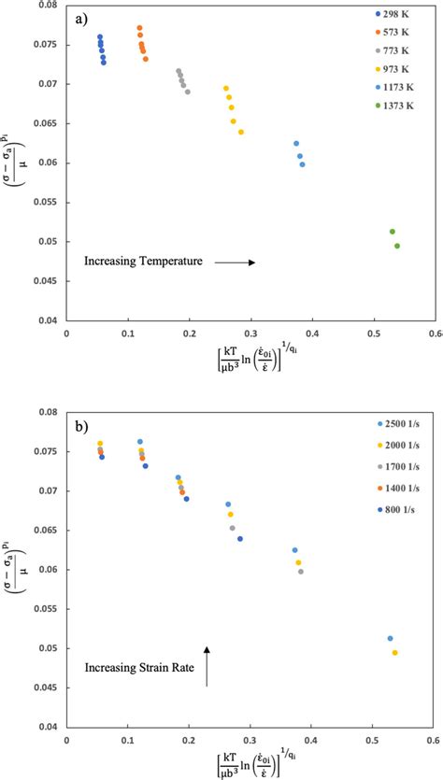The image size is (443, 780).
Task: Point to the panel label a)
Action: point(80,18)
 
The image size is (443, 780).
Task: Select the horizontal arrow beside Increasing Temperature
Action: point(235,262)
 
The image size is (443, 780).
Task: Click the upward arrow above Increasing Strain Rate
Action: point(207,665)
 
